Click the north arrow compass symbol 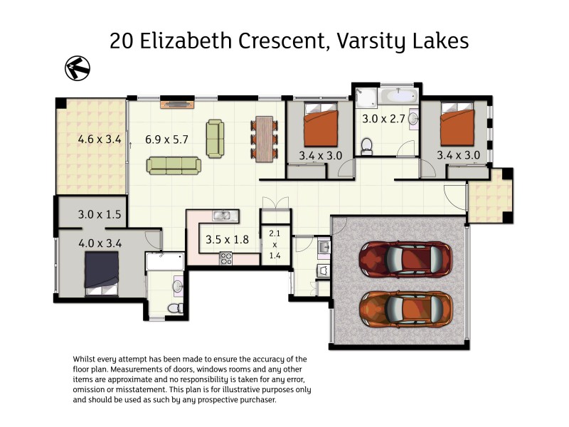point(76,68)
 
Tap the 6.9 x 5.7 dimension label point(166,139)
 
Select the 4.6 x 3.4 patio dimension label point(99,139)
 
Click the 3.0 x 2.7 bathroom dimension point(383,119)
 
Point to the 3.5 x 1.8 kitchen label point(227,239)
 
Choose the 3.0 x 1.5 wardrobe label point(99,213)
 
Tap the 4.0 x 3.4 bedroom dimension point(99,243)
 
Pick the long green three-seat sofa point(174,166)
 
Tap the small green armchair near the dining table point(215,138)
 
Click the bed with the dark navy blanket point(102,272)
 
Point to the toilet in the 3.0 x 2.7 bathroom point(367,147)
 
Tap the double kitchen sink point(221,216)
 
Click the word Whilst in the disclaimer point(87,359)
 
